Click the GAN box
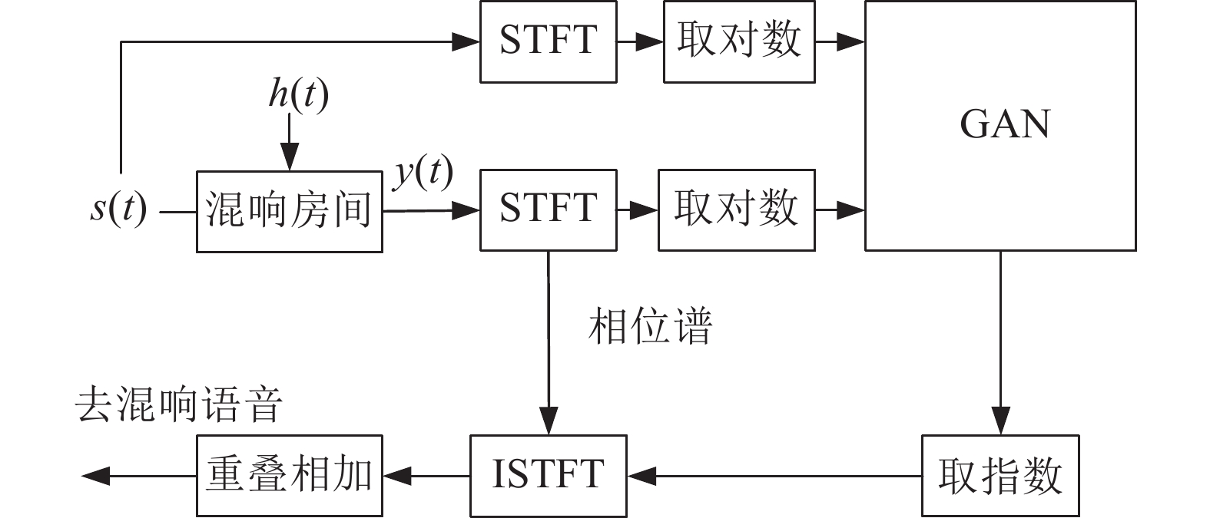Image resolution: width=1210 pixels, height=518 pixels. tap(1000, 126)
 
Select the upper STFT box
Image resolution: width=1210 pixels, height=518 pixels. tap(548, 41)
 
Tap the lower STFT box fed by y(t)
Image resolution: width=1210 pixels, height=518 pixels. tap(548, 210)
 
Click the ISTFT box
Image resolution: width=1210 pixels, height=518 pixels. tap(548, 476)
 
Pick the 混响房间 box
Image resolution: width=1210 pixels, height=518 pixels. tap(289, 211)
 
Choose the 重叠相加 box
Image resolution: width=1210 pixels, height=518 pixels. tap(289, 476)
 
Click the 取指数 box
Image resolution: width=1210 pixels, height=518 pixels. tap(1000, 476)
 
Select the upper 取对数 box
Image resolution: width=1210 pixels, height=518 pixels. tap(739, 41)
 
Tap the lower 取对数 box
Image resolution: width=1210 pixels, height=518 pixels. tap(736, 210)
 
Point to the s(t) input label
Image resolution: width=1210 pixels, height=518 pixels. tap(118, 210)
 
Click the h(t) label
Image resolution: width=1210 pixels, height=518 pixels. tap(298, 94)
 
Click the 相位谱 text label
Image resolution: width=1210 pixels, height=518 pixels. tap(650, 326)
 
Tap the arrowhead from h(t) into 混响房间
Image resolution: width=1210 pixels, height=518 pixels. tap(290, 160)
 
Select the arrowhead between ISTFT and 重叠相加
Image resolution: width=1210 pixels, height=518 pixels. tap(398, 476)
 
